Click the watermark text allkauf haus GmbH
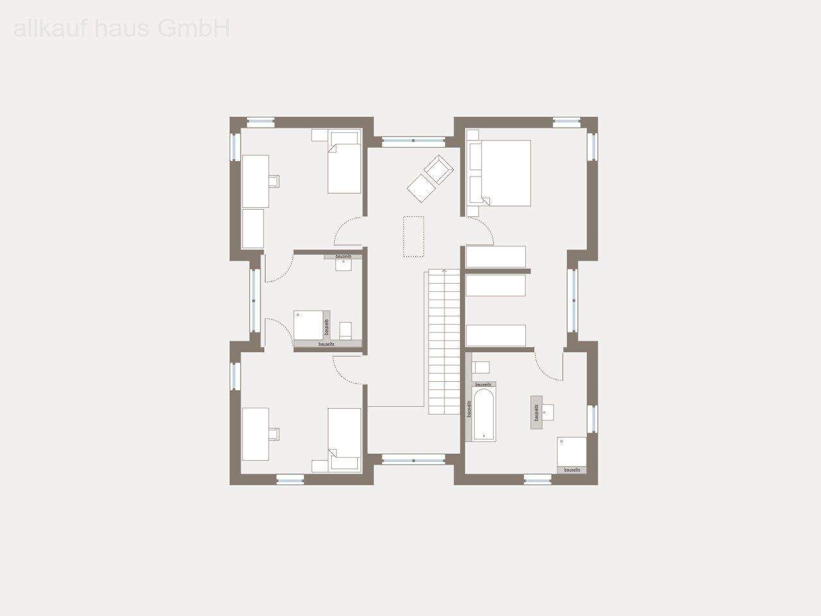[122, 29]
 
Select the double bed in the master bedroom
[506, 173]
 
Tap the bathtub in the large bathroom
[484, 413]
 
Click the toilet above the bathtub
[481, 367]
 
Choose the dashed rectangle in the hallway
[414, 236]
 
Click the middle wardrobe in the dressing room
[496, 285]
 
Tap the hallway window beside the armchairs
[414, 140]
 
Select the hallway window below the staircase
[414, 459]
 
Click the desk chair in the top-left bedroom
[275, 180]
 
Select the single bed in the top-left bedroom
[344, 164]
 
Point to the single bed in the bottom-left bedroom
[344, 436]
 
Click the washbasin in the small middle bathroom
[344, 265]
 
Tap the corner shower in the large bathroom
[571, 452]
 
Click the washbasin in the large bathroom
[548, 412]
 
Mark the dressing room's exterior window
[571, 300]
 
